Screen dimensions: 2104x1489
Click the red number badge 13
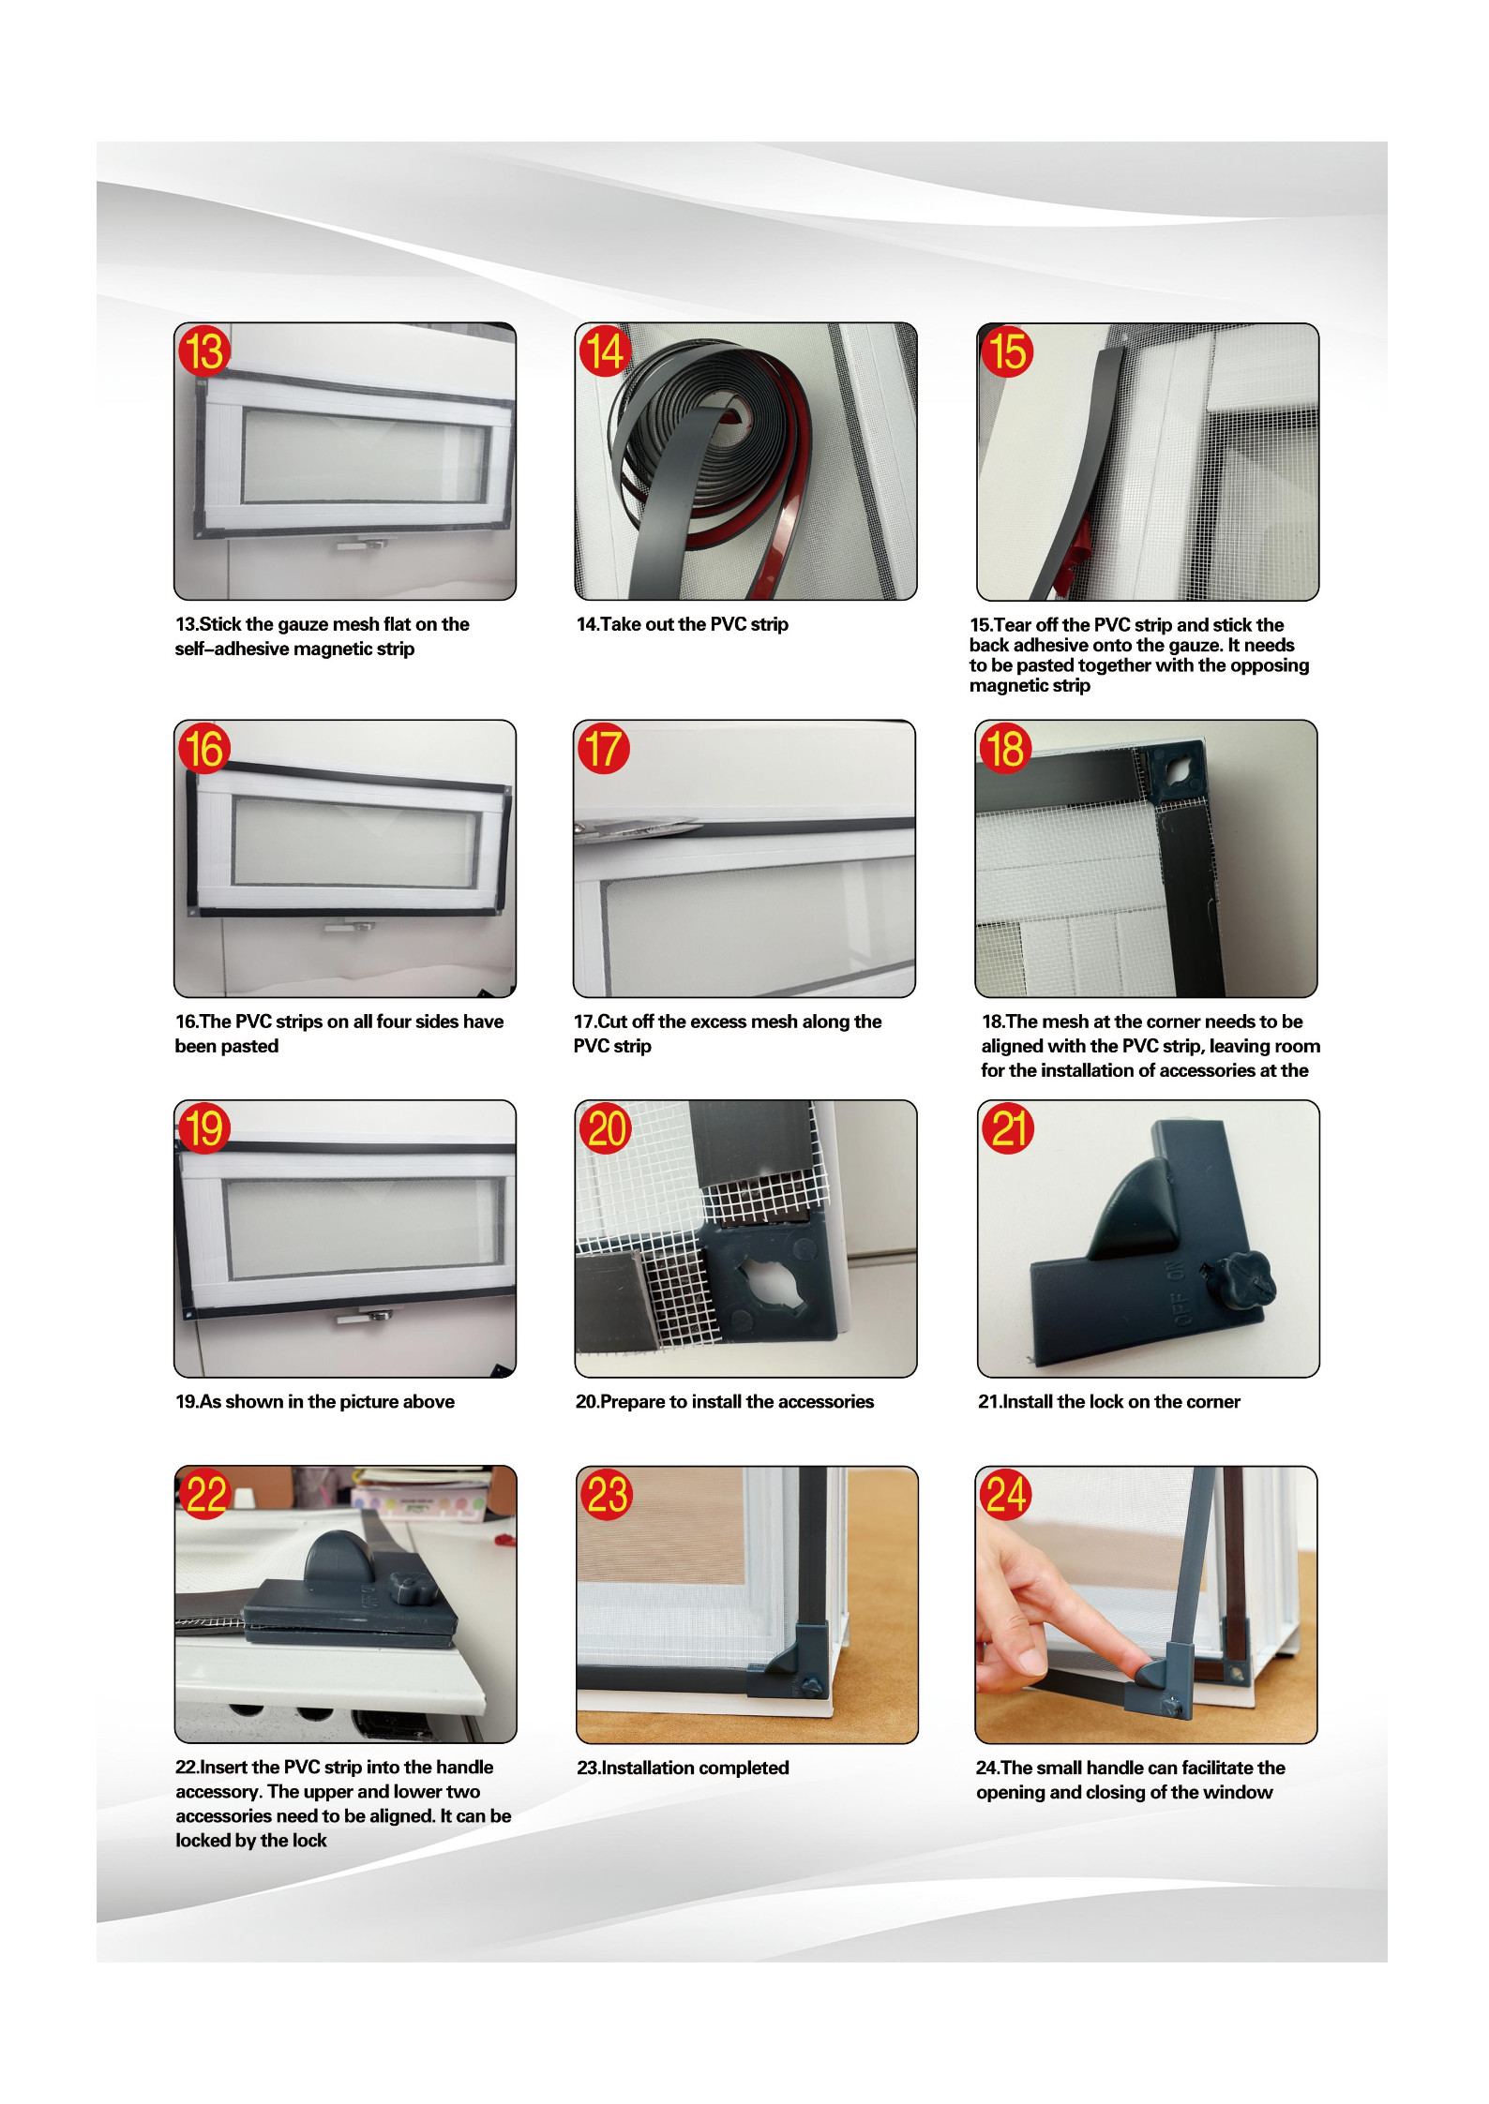(204, 351)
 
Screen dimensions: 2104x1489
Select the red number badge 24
(1005, 1494)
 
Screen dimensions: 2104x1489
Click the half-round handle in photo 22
(335, 1555)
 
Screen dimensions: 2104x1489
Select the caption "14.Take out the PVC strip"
(682, 624)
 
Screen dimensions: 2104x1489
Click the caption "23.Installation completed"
(683, 1768)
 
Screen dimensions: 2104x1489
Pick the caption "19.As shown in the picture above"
(314, 1401)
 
